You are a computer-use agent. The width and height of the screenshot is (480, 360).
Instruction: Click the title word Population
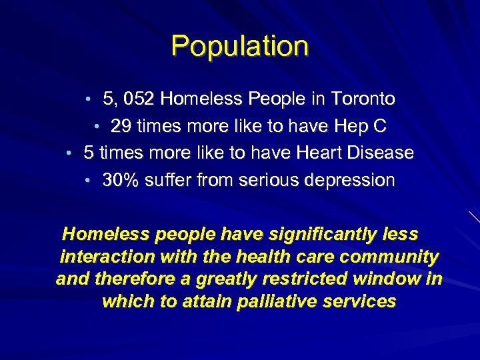pyautogui.click(x=240, y=46)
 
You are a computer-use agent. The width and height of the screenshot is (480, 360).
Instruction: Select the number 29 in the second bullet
pyautogui.click(x=121, y=126)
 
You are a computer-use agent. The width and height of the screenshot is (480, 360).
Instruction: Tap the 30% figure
pyautogui.click(x=119, y=180)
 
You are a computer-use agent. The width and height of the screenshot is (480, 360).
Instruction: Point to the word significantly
pyautogui.click(x=315, y=235)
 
